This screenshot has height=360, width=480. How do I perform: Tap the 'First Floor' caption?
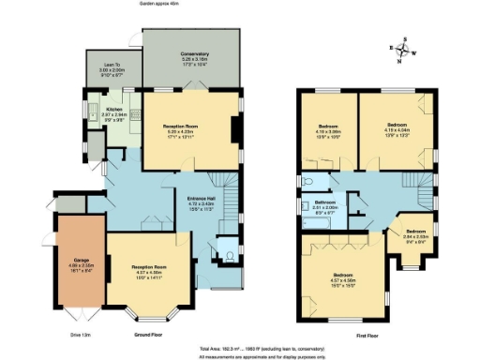[366, 335]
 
